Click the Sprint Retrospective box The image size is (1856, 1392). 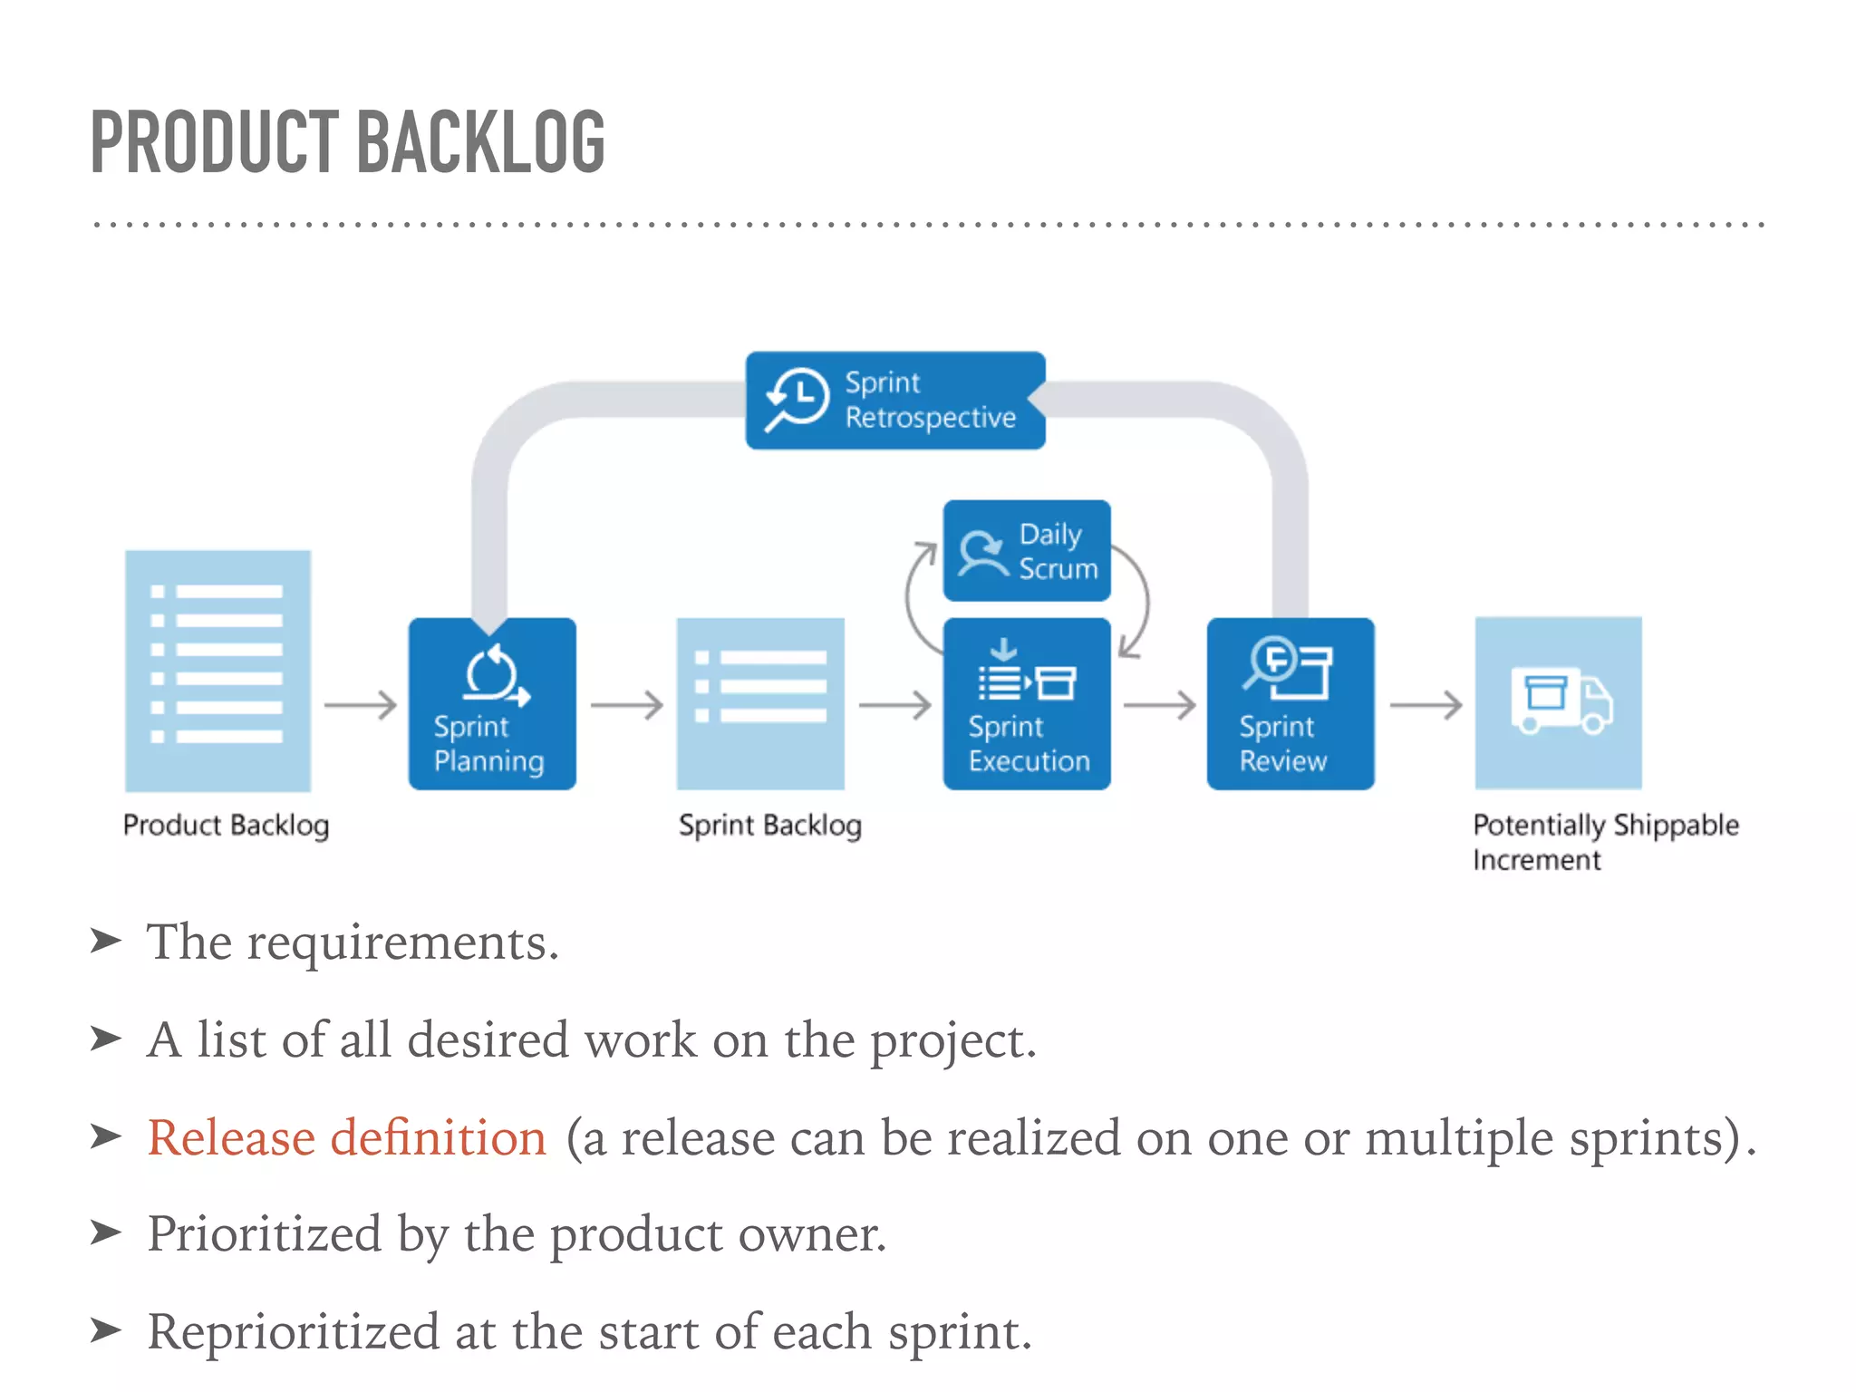[x=895, y=400]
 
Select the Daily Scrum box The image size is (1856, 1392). [x=1026, y=551]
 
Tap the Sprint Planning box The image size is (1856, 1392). [x=492, y=704]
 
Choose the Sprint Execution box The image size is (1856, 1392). [x=1026, y=704]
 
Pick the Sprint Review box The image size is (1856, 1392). [x=1290, y=704]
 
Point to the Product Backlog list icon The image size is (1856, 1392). [x=217, y=671]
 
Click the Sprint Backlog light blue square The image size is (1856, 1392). [x=760, y=704]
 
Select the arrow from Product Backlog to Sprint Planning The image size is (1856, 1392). [x=361, y=704]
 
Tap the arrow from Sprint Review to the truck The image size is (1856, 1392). [x=1426, y=704]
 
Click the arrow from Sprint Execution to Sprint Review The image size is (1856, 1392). [x=1159, y=704]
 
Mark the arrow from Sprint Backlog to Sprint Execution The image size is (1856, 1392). [x=894, y=704]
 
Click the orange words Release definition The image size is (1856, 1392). [x=347, y=1137]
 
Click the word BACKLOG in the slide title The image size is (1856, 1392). [x=480, y=142]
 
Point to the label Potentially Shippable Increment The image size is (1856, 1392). [x=1605, y=841]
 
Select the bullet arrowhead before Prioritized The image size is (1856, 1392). [x=106, y=1232]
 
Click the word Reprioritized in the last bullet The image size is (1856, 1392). [x=294, y=1332]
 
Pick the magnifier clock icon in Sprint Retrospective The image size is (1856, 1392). [x=797, y=400]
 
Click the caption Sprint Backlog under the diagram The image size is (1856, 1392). [x=769, y=825]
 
